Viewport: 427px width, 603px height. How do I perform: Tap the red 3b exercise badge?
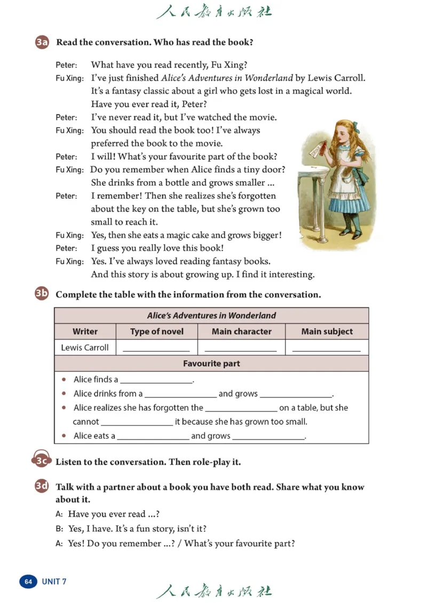[42, 293]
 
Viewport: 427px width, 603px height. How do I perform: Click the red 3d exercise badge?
[42, 487]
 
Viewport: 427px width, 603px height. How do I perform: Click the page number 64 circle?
[28, 581]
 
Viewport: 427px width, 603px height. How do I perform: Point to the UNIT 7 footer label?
[54, 581]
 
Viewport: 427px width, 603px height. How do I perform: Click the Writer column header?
[85, 331]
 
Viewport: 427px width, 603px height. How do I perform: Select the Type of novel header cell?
[156, 331]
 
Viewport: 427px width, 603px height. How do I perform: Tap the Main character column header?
[241, 331]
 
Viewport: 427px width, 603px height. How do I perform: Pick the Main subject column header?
[327, 331]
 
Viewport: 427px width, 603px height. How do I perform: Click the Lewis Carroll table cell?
[85, 347]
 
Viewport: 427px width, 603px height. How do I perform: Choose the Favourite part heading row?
[211, 363]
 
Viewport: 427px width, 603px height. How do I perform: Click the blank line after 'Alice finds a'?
[156, 381]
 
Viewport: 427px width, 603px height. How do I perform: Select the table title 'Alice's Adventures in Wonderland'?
[211, 315]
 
